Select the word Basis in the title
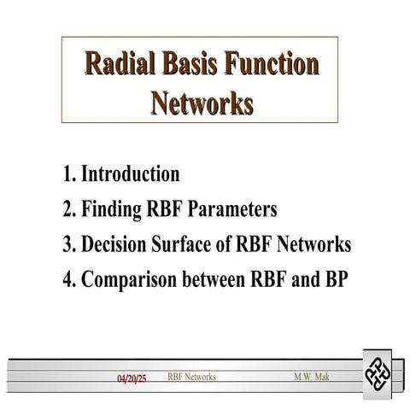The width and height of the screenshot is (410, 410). click(x=194, y=65)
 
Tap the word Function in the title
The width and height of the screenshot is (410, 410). click(x=275, y=65)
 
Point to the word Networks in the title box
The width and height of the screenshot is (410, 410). click(x=202, y=102)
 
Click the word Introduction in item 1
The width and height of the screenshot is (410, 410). click(x=130, y=174)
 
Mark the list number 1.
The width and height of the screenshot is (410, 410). click(x=67, y=174)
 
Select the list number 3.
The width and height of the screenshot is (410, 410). click(x=67, y=244)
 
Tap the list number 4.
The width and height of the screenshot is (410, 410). click(x=67, y=279)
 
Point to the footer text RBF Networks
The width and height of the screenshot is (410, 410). click(x=191, y=377)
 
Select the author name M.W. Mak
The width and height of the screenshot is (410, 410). click(x=310, y=377)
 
